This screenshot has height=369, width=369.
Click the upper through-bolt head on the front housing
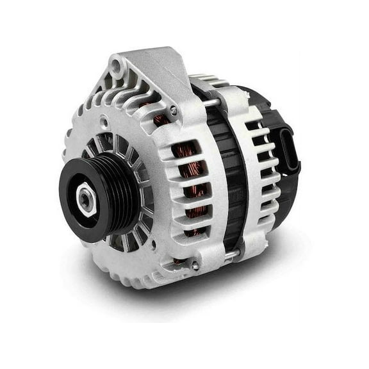point(174,110)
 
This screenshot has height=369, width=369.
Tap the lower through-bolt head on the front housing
point(194,264)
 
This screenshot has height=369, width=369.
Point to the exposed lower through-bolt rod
point(221,255)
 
